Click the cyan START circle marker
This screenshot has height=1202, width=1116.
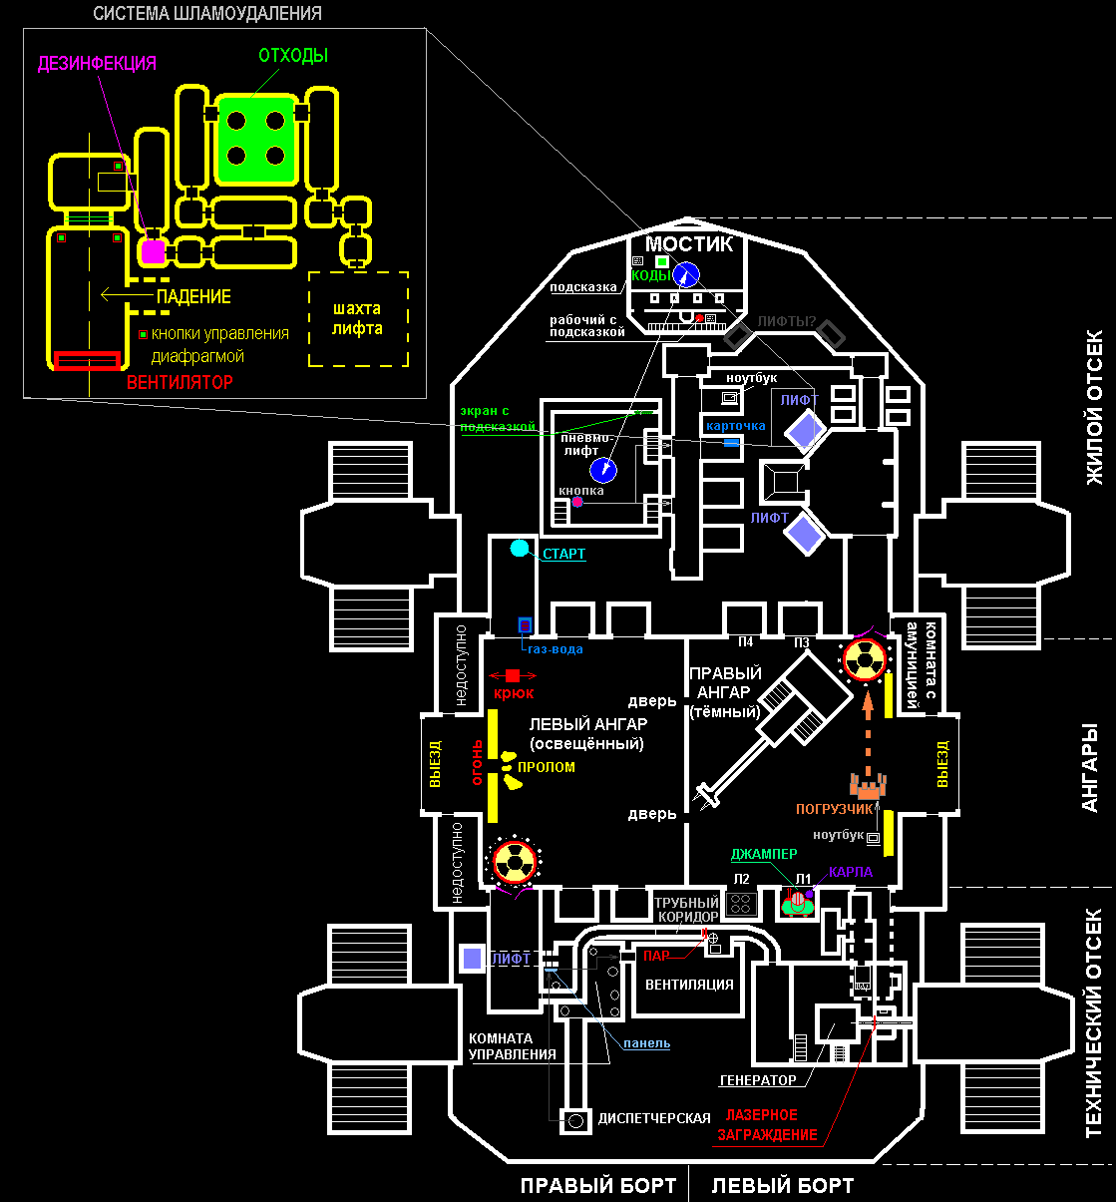(x=519, y=548)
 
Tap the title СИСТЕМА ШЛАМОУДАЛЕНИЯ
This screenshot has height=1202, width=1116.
(x=207, y=14)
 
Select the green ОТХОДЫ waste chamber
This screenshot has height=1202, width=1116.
(x=256, y=140)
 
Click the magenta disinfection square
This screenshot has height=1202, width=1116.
(x=153, y=251)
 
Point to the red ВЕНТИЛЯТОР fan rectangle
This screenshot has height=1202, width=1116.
(x=88, y=360)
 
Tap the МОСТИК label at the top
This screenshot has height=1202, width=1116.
(x=688, y=244)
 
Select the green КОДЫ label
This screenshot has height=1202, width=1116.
(x=650, y=276)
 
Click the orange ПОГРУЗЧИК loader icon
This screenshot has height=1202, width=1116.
(x=867, y=785)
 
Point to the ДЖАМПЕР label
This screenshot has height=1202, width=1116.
(x=764, y=855)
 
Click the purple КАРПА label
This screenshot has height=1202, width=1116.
(x=850, y=873)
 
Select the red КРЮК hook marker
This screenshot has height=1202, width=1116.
(x=513, y=676)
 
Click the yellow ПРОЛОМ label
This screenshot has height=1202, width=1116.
(x=546, y=767)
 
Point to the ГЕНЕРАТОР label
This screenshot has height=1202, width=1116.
(x=758, y=1080)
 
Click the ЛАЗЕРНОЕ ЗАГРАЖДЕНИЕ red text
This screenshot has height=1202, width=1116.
(x=766, y=1125)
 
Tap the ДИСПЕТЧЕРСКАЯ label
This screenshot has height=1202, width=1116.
(x=654, y=1118)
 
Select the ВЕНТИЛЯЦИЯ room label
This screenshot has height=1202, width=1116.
(x=689, y=985)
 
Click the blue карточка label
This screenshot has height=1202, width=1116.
(x=735, y=426)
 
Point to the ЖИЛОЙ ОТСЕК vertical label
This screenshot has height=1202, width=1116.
(x=1094, y=406)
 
